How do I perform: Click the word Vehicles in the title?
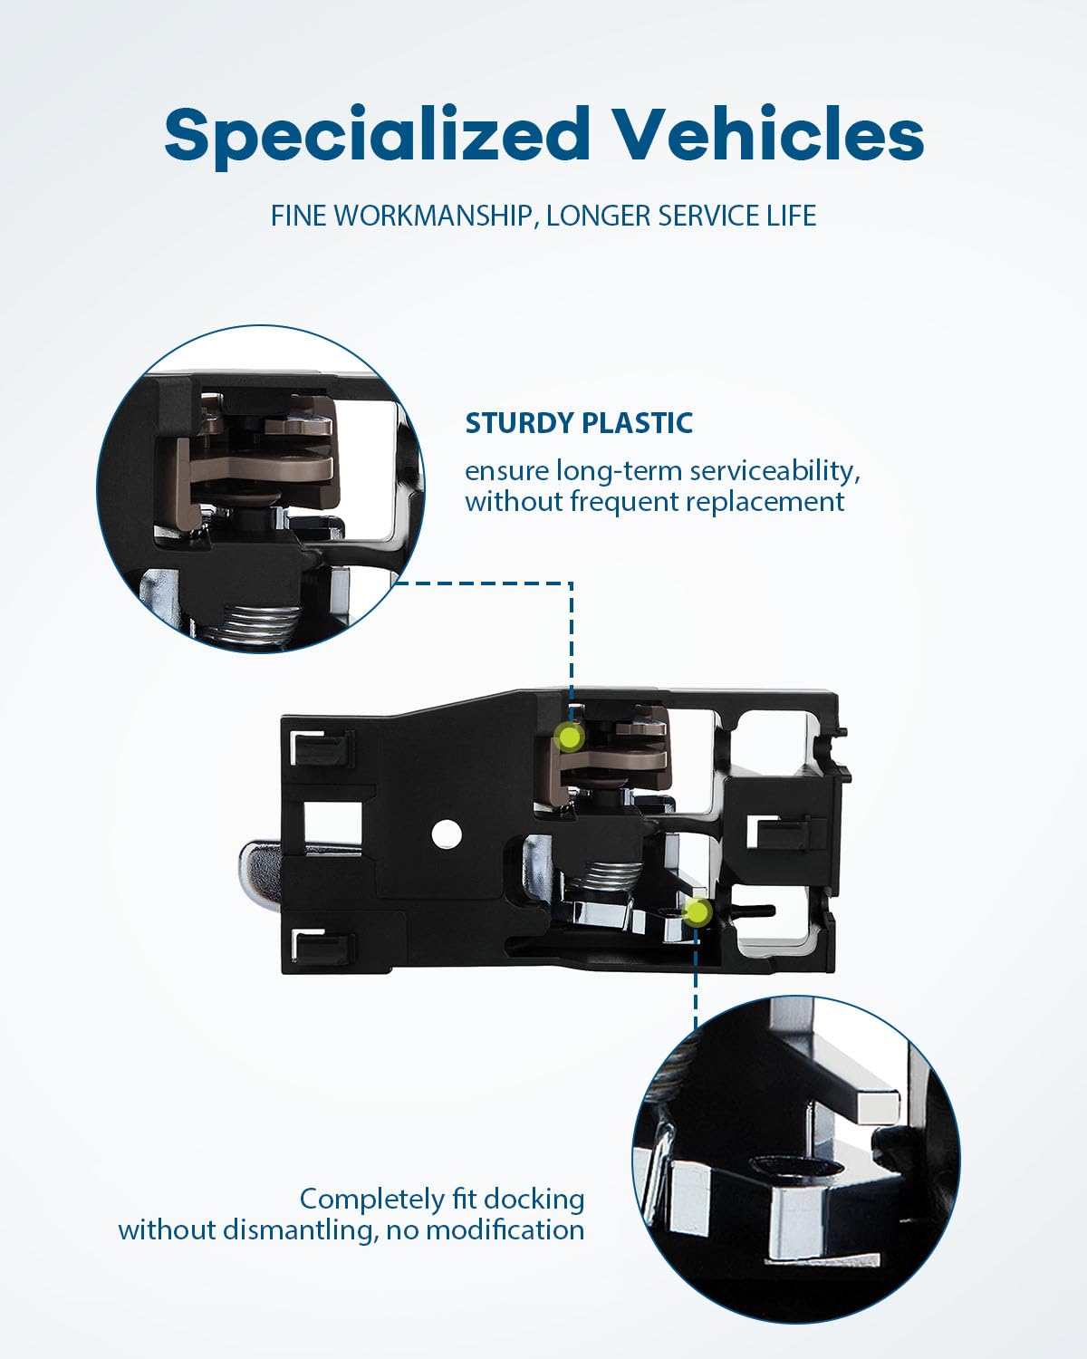point(770,134)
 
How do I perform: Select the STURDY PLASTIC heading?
point(579,422)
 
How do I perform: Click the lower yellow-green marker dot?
point(697,912)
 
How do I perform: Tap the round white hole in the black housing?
point(444,834)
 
